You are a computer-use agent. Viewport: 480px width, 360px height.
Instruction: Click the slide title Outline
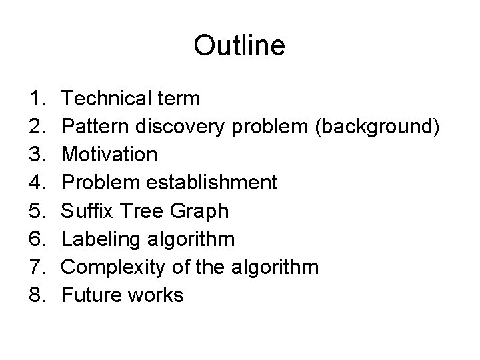(x=239, y=46)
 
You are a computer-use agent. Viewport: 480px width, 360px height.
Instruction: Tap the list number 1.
(x=37, y=99)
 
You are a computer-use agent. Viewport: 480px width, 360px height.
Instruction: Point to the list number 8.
(x=37, y=295)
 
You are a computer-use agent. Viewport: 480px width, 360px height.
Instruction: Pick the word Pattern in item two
(x=93, y=127)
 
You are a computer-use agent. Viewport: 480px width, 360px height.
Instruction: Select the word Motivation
(x=109, y=155)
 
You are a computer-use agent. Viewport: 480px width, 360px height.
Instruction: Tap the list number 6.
(x=37, y=239)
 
